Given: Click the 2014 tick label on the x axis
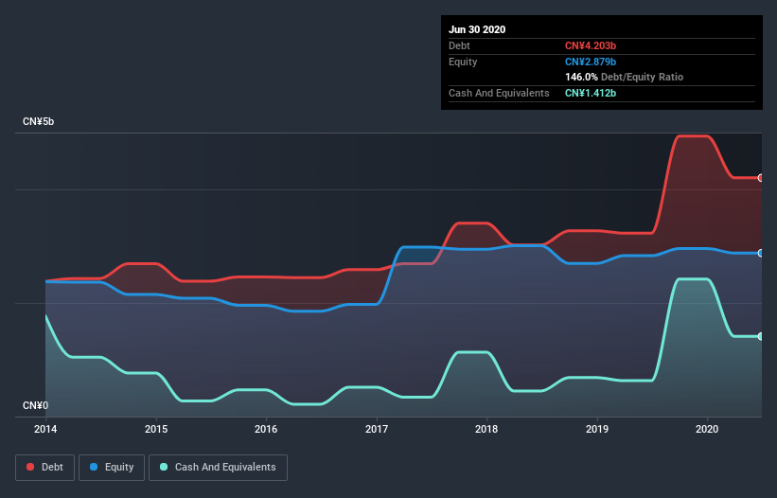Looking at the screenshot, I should click(45, 429).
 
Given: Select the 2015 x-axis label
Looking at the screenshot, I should click(156, 429).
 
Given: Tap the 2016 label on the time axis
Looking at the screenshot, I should click(266, 429).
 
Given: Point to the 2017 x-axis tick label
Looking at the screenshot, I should click(377, 429).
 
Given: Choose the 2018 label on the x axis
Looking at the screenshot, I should click(486, 429).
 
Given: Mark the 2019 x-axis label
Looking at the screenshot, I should click(597, 429).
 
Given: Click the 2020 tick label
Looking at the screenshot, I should click(707, 429).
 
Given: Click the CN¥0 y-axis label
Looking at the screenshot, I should click(35, 405).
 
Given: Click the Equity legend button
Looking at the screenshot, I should click(112, 467).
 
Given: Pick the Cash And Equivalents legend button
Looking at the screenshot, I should click(218, 467).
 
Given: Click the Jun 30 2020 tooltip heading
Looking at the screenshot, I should click(477, 29).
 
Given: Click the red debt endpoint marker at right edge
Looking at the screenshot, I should click(761, 178).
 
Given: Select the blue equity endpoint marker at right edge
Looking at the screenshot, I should click(761, 253).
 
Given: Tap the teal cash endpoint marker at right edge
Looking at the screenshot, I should click(761, 336).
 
